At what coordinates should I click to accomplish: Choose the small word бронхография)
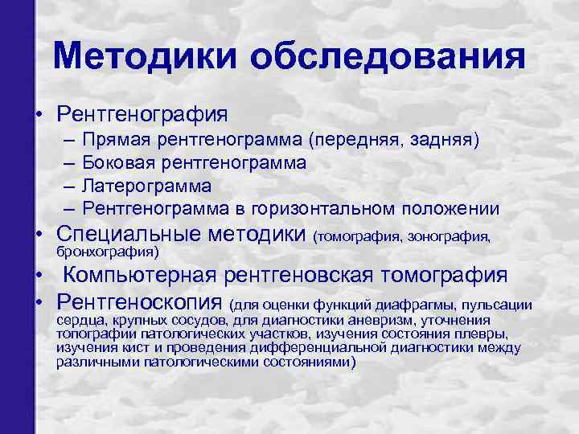point(108,252)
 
